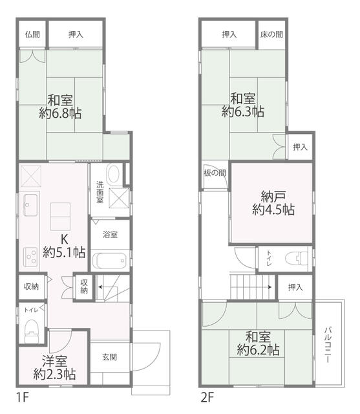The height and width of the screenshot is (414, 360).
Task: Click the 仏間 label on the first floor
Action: [32, 34]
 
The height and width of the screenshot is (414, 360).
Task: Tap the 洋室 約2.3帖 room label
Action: [55, 368]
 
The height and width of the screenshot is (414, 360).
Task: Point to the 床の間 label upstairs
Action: [271, 34]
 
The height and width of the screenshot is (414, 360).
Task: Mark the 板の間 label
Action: [214, 173]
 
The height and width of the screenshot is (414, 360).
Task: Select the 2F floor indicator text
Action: [206, 394]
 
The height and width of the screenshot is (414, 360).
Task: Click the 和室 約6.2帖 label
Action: [258, 343]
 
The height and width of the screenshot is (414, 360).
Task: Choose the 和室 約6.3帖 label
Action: [243, 105]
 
